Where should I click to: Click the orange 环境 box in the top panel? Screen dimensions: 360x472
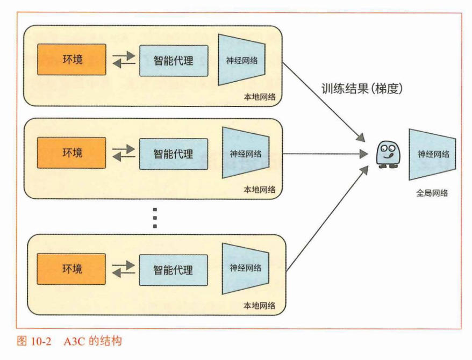click(x=71, y=60)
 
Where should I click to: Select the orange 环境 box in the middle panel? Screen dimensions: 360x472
click(x=71, y=153)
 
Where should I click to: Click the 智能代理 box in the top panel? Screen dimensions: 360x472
click(x=173, y=60)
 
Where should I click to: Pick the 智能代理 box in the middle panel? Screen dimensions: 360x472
click(x=173, y=154)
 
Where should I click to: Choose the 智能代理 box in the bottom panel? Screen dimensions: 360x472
click(x=173, y=269)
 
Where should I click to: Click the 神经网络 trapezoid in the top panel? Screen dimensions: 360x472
click(x=241, y=60)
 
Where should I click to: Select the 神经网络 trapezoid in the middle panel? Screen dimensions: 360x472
click(x=246, y=154)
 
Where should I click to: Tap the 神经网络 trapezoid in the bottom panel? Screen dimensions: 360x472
click(x=246, y=268)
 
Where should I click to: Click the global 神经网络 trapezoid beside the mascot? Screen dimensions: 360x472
click(x=432, y=154)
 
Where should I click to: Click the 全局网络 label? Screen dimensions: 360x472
click(x=432, y=193)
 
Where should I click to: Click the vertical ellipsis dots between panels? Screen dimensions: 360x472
click(x=154, y=218)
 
